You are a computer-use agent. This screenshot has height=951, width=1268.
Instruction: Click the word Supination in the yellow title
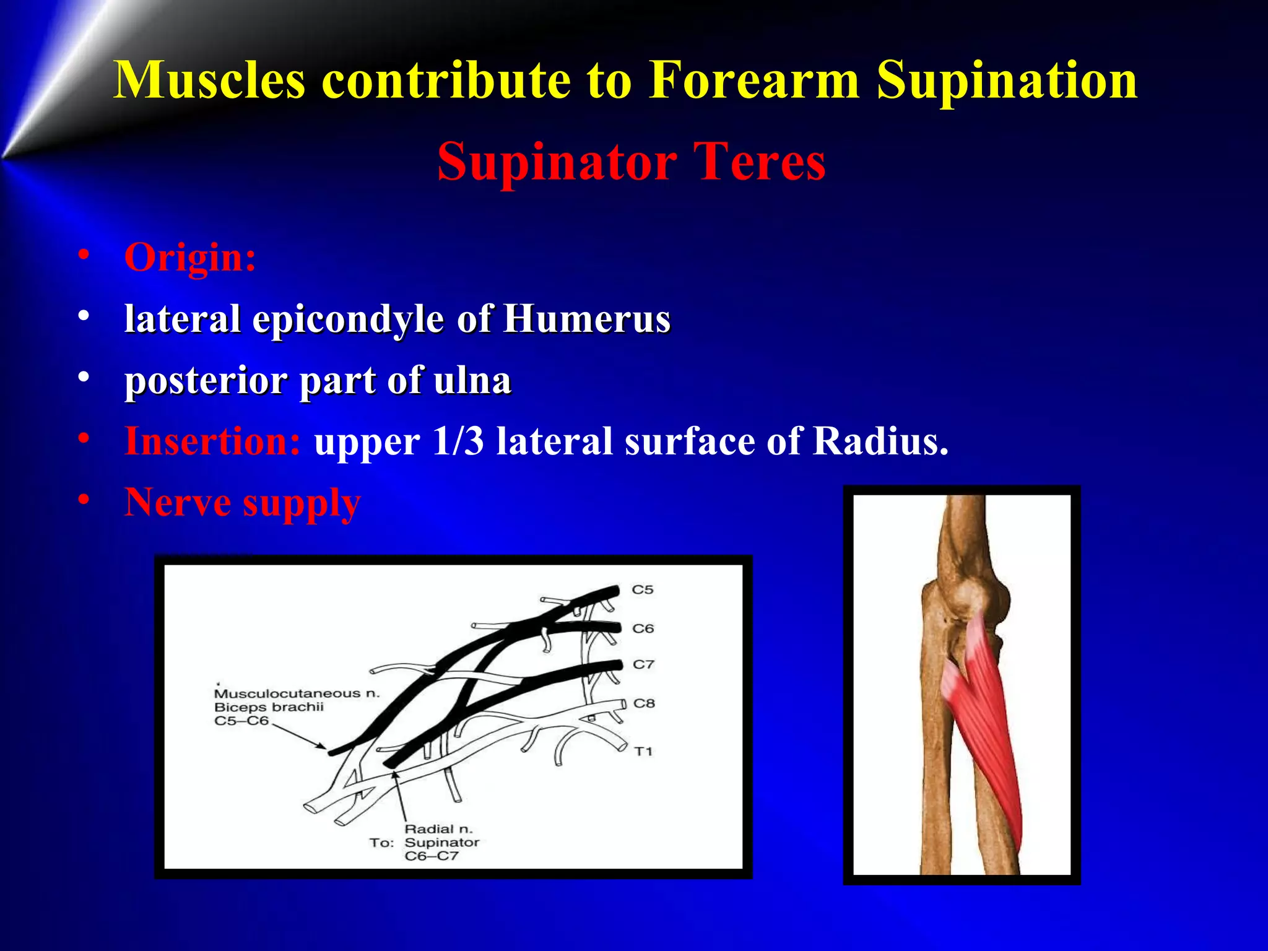point(1007,80)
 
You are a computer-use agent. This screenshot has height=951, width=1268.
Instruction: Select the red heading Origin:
point(190,258)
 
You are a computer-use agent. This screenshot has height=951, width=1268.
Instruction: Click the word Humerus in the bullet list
point(586,319)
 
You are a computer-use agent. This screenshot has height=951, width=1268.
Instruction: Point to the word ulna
point(472,380)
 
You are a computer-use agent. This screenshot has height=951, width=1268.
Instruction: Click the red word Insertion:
point(212,441)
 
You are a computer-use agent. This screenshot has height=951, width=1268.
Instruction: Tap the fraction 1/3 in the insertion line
point(458,441)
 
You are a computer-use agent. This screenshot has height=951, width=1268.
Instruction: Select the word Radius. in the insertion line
point(880,441)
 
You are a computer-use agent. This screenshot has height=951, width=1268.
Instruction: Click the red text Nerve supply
point(242,502)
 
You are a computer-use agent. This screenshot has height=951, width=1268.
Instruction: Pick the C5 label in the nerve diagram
point(642,589)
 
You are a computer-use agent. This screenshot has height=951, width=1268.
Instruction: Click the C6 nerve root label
point(643,628)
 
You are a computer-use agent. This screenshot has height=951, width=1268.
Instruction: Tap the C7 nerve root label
point(643,664)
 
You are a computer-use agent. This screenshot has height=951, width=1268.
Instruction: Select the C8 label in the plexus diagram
point(644,703)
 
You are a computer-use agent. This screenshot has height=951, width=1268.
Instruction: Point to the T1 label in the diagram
point(643,751)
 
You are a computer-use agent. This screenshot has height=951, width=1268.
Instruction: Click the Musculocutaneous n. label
point(297,693)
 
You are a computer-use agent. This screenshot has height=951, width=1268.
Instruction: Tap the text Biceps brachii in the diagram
point(269,707)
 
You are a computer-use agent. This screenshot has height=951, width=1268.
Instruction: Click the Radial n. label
point(438,829)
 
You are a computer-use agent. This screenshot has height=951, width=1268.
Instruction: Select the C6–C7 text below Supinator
point(432,856)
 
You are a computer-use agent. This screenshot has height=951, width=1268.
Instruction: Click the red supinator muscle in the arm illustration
point(984,724)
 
